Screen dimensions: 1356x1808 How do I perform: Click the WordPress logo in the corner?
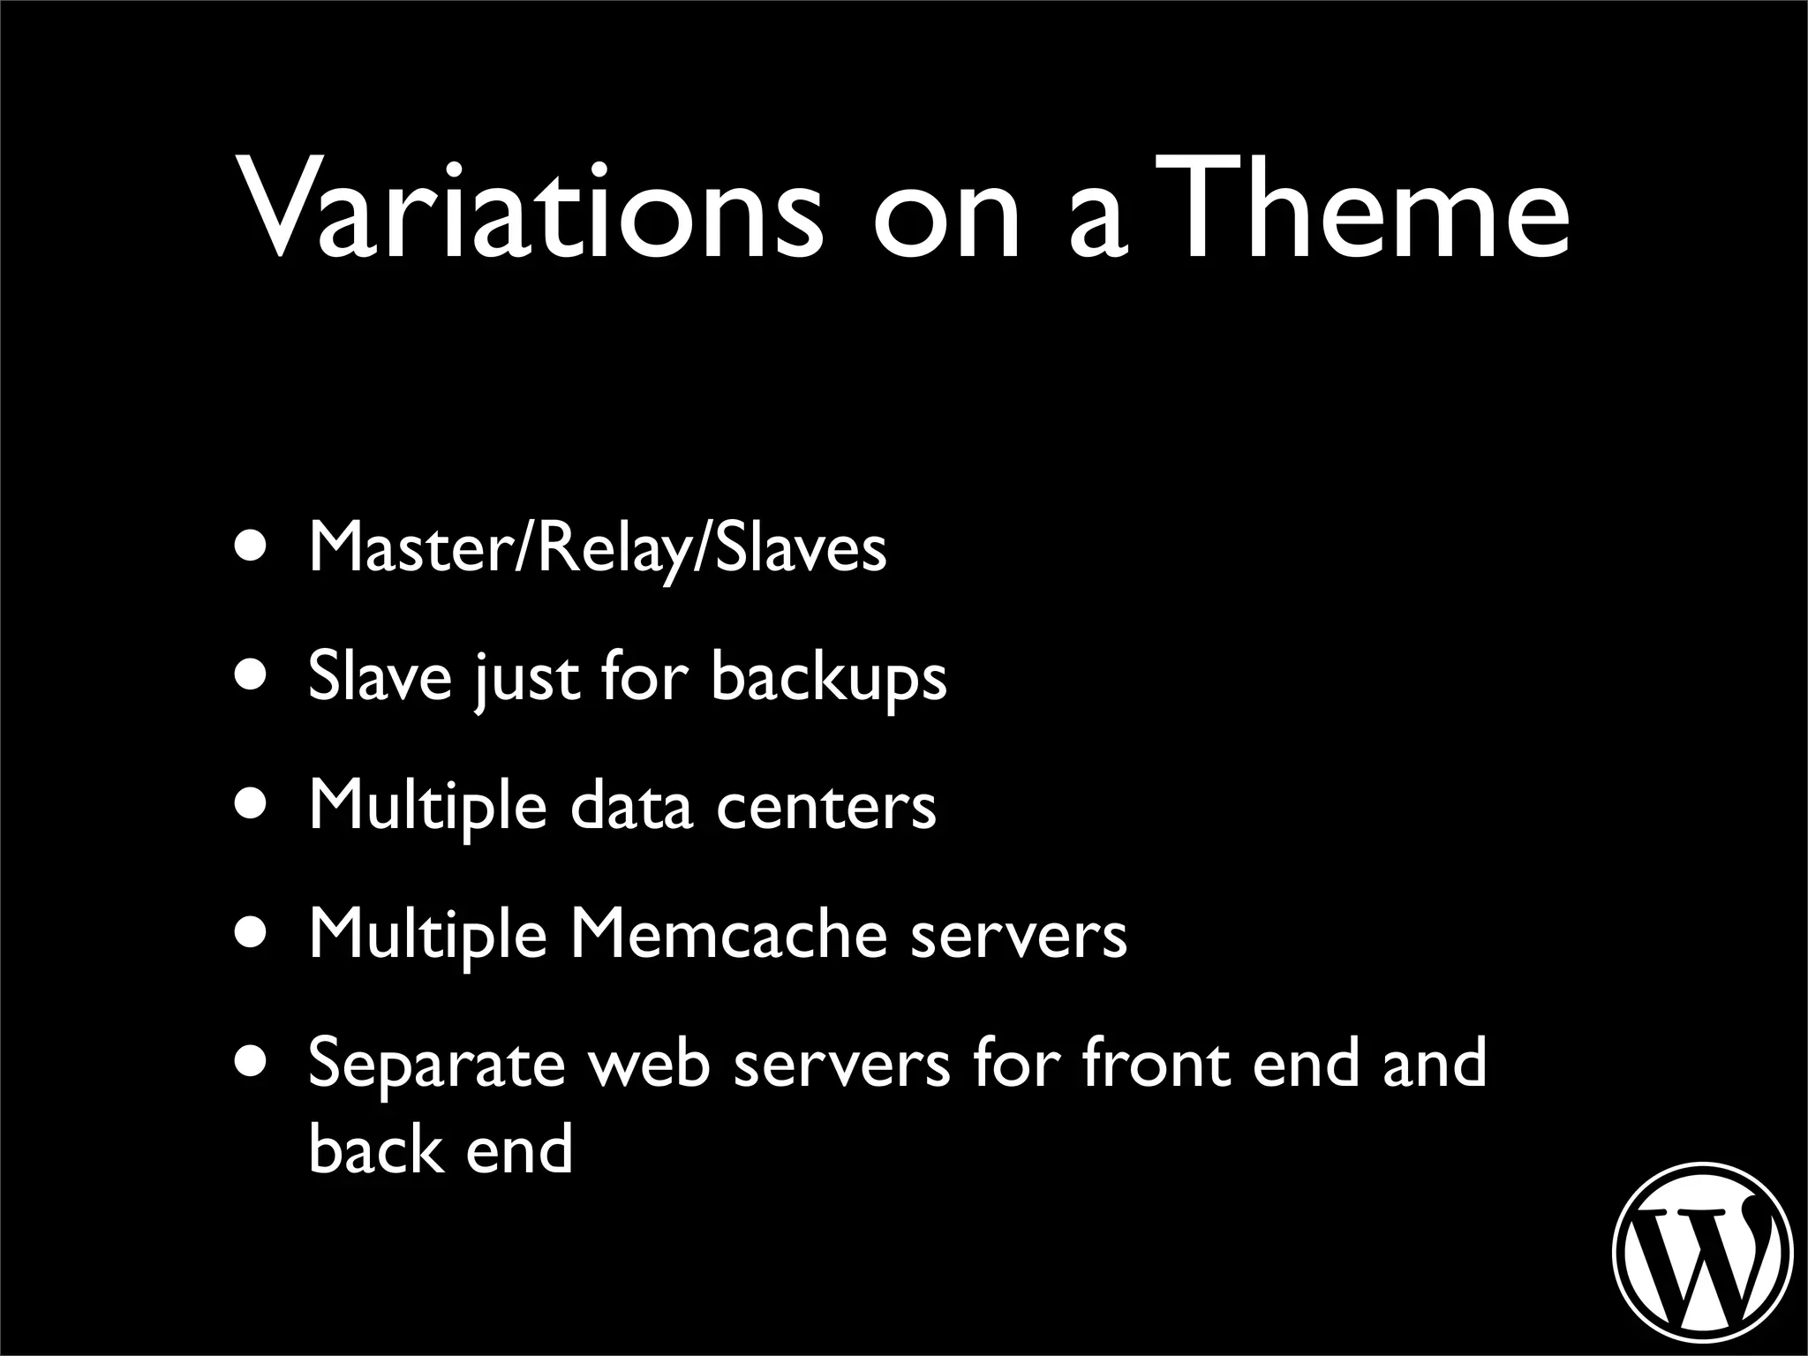[1703, 1253]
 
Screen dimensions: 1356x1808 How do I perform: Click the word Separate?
[436, 1065]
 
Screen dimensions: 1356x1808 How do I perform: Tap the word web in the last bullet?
[649, 1063]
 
